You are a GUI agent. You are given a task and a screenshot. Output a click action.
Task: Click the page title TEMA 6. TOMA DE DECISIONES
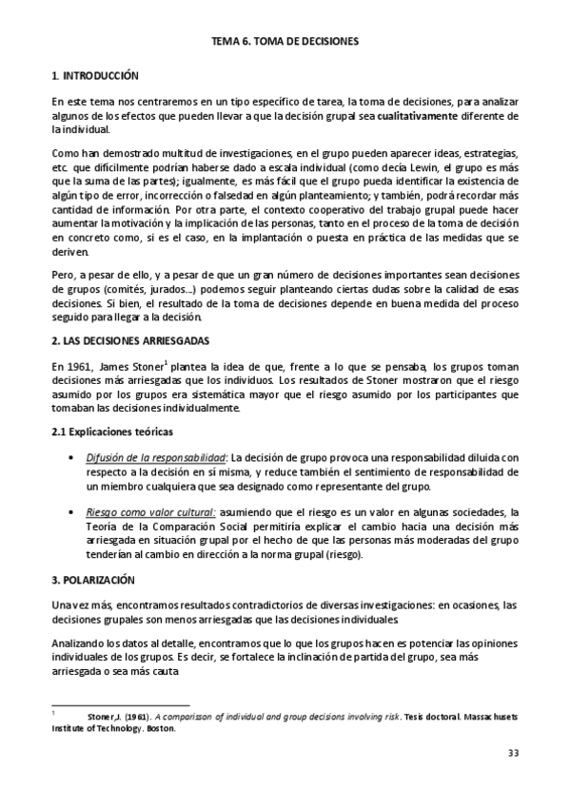pos(285,42)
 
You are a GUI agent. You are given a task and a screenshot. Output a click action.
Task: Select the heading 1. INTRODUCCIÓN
pos(94,75)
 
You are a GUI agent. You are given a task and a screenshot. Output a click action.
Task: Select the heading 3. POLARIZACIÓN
pos(93,579)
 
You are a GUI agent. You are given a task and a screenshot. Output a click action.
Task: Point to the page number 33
pos(511,754)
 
